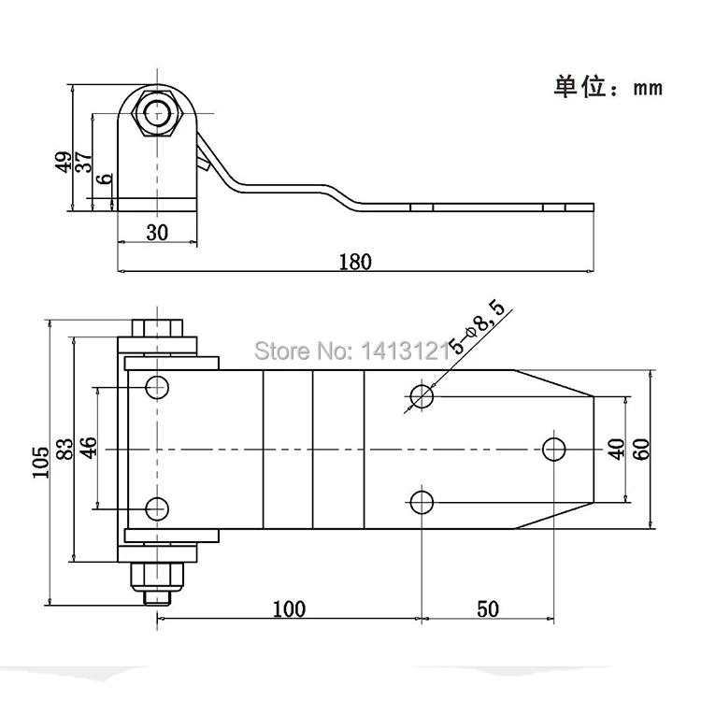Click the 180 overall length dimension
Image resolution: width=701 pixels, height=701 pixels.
[x=356, y=261]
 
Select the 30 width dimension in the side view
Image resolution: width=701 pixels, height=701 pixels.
[x=157, y=233]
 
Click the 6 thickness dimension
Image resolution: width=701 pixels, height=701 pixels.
[x=104, y=178]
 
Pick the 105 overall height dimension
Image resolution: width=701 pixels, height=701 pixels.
[x=40, y=462]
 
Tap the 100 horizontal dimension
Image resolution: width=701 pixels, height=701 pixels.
[x=289, y=609]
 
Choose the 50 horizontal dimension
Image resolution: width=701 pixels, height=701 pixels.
[x=487, y=609]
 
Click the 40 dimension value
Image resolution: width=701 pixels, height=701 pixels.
[x=615, y=448]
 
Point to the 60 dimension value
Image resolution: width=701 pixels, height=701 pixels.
[x=641, y=448]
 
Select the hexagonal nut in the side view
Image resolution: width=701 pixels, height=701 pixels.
[x=157, y=114]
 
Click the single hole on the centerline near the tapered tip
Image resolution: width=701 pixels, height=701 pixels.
[x=555, y=449]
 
